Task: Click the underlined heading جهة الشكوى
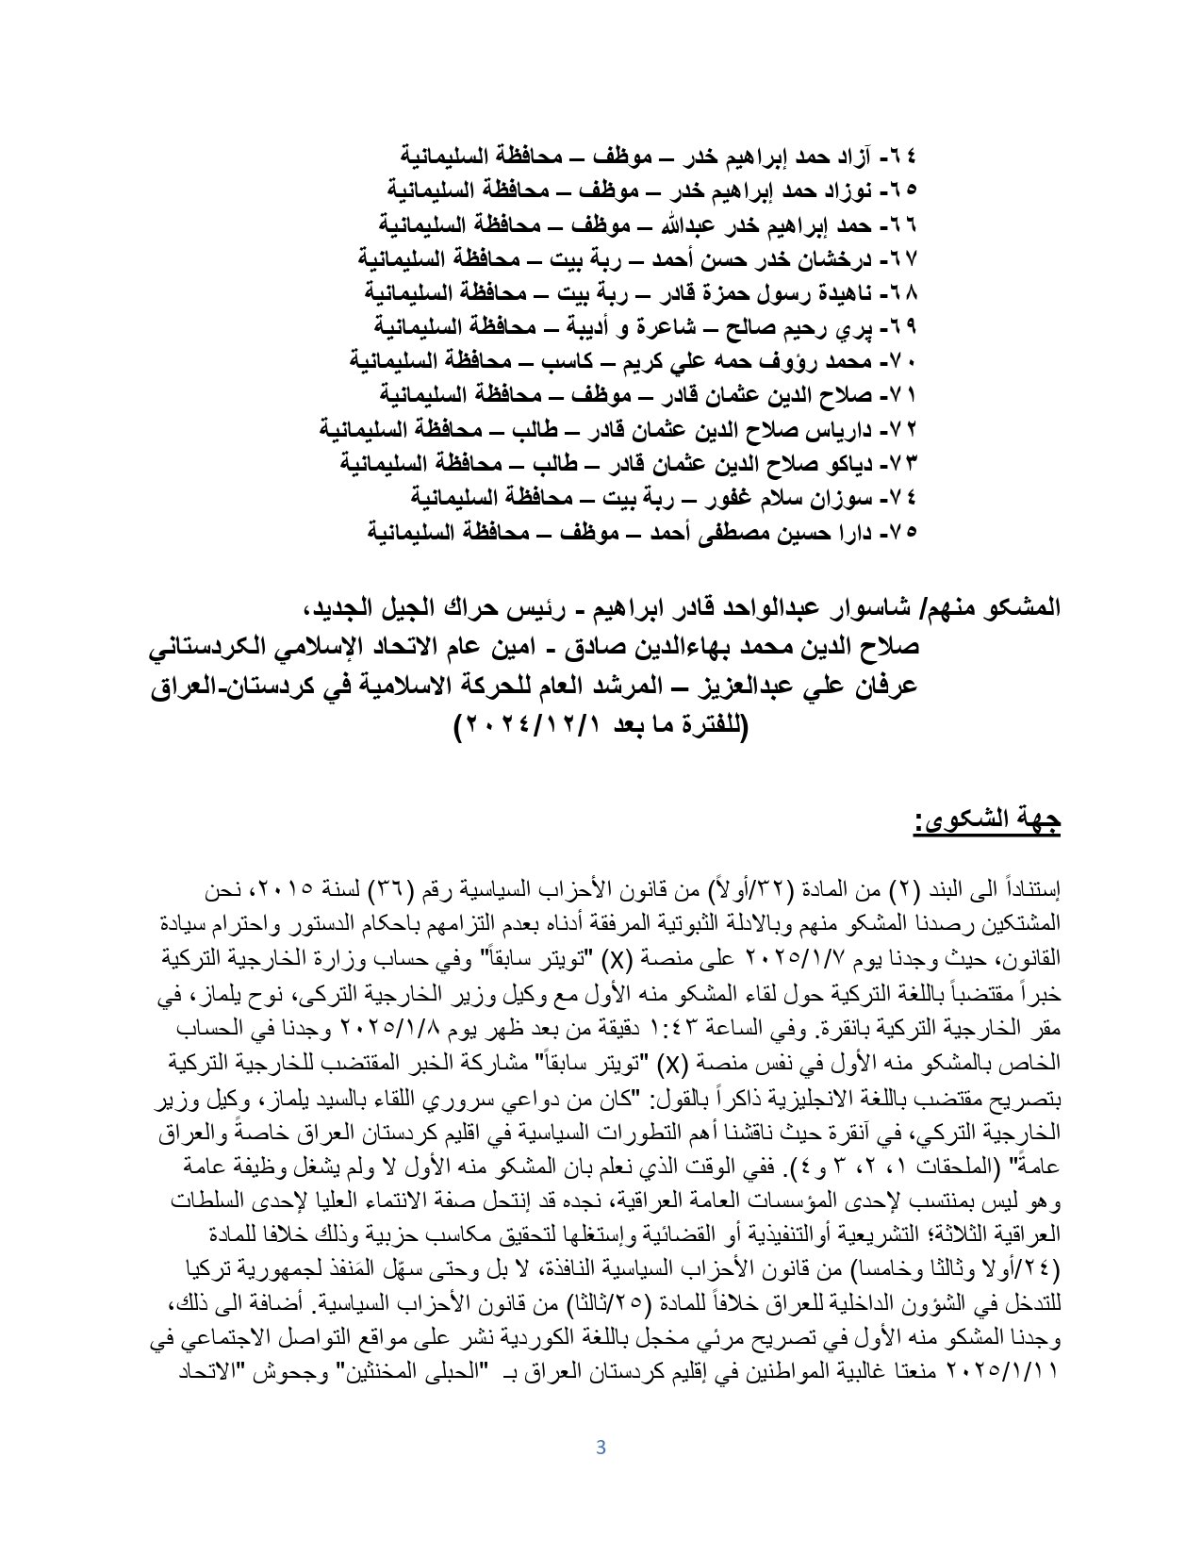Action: pyautogui.click(x=987, y=820)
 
